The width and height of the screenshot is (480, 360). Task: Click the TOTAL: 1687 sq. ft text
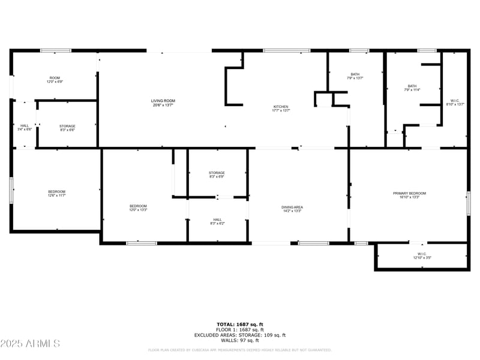point(240,324)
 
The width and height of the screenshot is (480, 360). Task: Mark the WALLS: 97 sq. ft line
point(240,340)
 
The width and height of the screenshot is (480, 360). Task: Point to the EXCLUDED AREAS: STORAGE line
point(240,335)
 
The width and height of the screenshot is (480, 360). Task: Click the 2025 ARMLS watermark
point(30,344)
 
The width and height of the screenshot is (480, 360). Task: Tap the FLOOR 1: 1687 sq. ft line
point(240,329)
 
